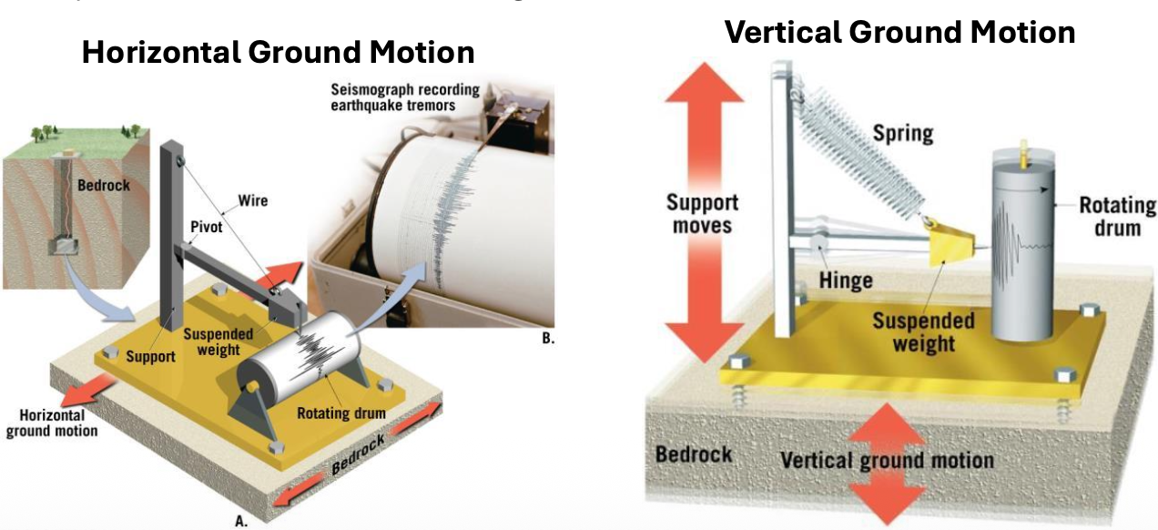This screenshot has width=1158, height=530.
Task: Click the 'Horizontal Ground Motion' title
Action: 278,52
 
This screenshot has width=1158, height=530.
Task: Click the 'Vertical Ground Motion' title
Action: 899,32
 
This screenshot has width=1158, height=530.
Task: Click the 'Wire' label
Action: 252,199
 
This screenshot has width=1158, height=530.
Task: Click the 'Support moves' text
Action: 702,212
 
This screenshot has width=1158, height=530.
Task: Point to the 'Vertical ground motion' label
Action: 887,459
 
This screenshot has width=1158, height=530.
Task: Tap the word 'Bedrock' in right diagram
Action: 694,453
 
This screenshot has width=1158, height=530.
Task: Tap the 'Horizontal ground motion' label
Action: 51,422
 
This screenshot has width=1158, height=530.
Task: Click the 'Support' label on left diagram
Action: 151,356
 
